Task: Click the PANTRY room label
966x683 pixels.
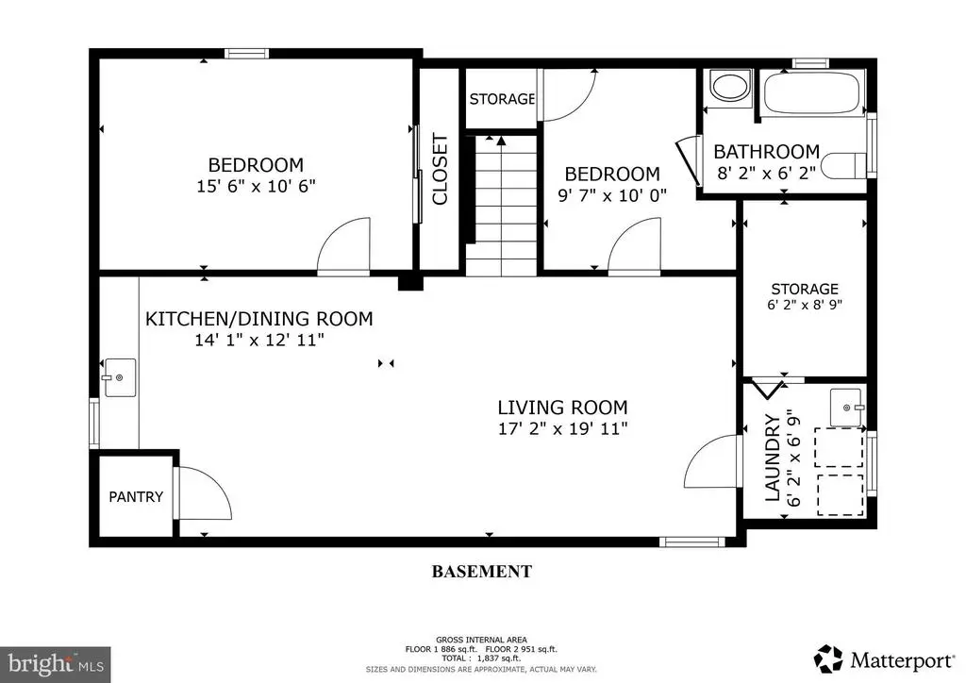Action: click(x=136, y=496)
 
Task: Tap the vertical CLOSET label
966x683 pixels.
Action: click(x=440, y=170)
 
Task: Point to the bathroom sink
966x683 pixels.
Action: click(x=730, y=86)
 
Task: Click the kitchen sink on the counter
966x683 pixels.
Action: click(x=120, y=377)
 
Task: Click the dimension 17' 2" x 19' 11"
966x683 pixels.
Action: click(x=562, y=428)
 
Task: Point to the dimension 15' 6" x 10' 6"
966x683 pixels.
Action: click(x=256, y=186)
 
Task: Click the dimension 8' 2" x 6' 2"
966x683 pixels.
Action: click(x=766, y=173)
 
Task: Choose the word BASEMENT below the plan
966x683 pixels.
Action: click(x=481, y=572)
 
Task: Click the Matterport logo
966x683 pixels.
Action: click(x=883, y=659)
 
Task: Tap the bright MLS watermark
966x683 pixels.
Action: click(x=56, y=664)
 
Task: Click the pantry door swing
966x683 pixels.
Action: click(x=204, y=492)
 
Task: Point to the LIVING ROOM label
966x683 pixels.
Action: click(x=562, y=408)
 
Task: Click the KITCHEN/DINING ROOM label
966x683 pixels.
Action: click(x=258, y=319)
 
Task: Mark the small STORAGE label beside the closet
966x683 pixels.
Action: click(x=502, y=98)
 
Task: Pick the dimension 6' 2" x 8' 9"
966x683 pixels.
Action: click(x=805, y=305)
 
